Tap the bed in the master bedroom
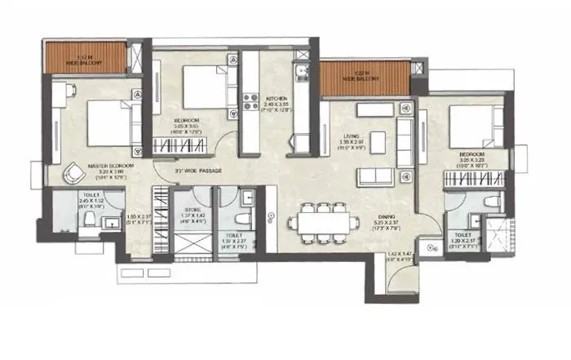click(108, 122)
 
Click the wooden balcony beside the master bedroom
click(85, 56)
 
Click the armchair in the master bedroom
click(73, 172)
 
